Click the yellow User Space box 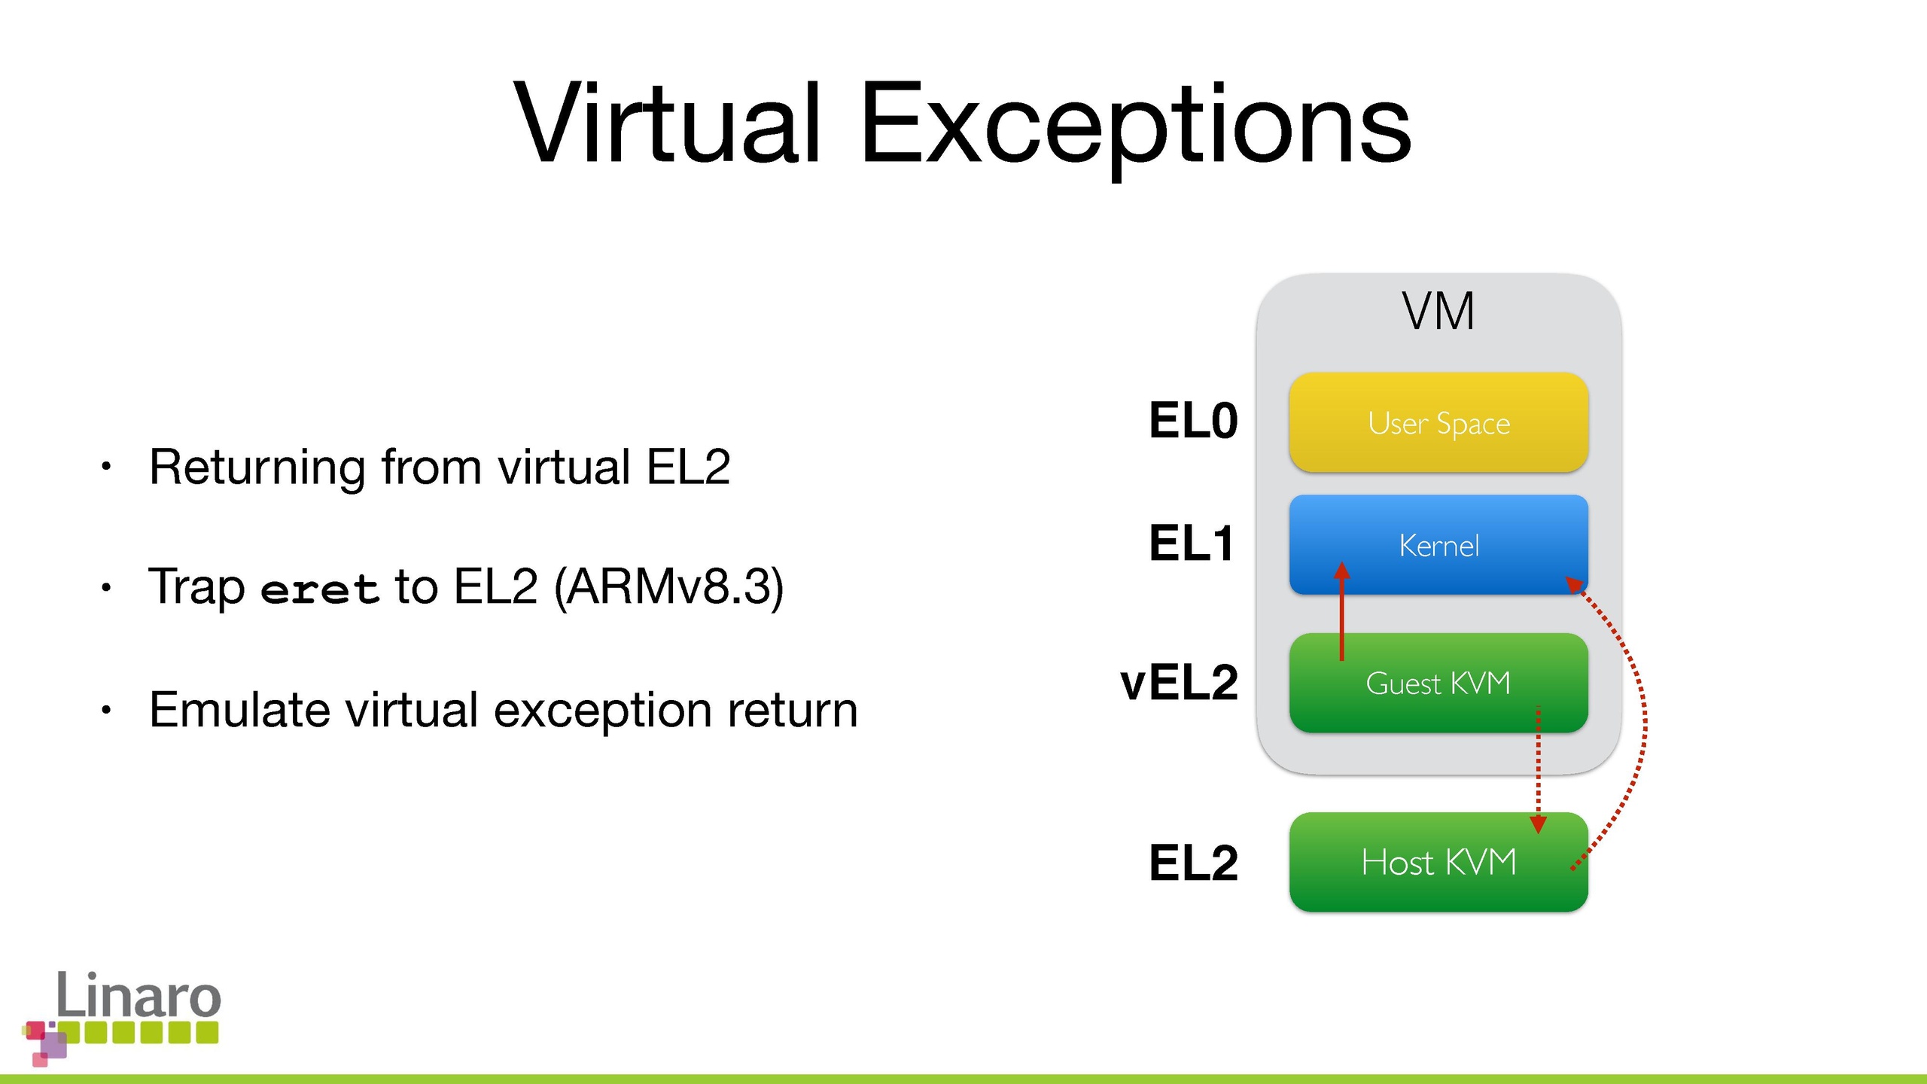coord(1438,422)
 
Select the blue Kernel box coord(1438,544)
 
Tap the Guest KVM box coord(1438,683)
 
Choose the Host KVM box coord(1438,862)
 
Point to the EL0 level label coord(1193,420)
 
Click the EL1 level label coord(1192,543)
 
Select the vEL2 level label coord(1179,683)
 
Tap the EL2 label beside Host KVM coord(1193,863)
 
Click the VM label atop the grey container coord(1438,311)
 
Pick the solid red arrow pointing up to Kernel coord(1341,611)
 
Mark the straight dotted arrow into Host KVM coord(1539,769)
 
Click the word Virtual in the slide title coord(666,123)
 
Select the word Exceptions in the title coord(1135,128)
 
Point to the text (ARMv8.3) coord(668,587)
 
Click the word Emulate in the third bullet coord(239,709)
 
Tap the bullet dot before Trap coord(106,588)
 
